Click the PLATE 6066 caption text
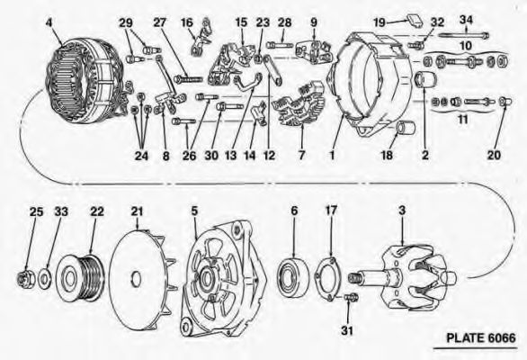(x=480, y=337)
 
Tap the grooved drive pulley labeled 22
(x=80, y=278)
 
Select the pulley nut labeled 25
(x=25, y=279)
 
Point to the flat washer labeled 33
(x=44, y=278)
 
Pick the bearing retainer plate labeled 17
(x=329, y=278)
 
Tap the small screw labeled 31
(x=352, y=297)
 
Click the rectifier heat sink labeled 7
(x=300, y=103)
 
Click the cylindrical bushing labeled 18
(x=406, y=129)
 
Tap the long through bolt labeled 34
(x=463, y=34)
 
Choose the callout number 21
(x=137, y=211)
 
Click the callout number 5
(x=194, y=211)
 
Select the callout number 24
(x=141, y=156)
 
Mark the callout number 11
(x=463, y=119)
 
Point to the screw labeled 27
(x=188, y=79)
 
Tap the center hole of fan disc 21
(x=135, y=279)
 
